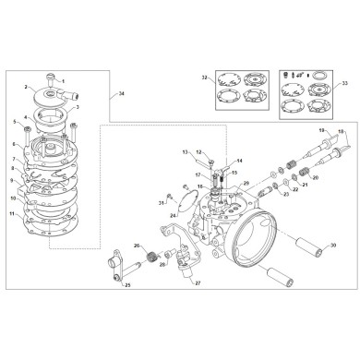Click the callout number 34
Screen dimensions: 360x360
(121, 94)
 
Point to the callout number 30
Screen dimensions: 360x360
(320, 247)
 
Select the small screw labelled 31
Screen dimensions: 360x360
(169, 198)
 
